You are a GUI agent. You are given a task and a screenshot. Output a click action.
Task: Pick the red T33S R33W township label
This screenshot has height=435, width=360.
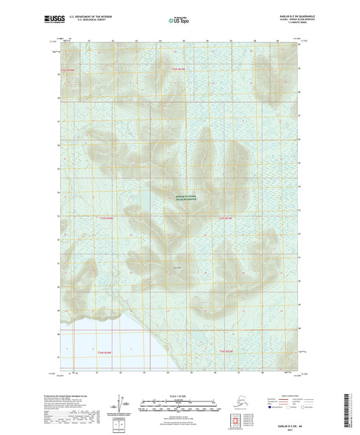tap(225, 218)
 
